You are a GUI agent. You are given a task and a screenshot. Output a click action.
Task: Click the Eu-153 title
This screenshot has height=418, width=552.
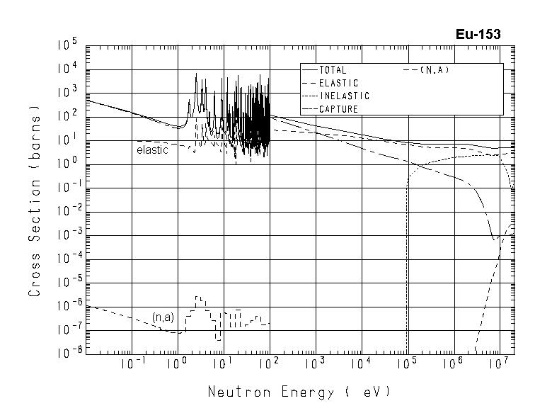click(478, 35)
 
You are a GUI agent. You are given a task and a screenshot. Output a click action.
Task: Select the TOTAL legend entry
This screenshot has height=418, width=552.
click(332, 70)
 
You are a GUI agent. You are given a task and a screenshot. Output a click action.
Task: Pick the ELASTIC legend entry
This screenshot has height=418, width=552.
click(338, 83)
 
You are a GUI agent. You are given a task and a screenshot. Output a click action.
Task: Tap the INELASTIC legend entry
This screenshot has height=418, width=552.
click(344, 96)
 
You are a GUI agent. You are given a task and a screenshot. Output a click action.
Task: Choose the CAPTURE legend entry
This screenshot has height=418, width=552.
click(338, 108)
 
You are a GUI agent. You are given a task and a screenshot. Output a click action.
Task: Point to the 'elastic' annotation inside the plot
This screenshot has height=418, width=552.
click(152, 150)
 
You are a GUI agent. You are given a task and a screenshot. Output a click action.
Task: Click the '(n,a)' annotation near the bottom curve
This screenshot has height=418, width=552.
click(163, 317)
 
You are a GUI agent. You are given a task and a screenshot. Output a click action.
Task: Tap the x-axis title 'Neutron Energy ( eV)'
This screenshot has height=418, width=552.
click(299, 392)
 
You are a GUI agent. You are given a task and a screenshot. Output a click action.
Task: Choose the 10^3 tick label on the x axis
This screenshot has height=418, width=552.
click(314, 364)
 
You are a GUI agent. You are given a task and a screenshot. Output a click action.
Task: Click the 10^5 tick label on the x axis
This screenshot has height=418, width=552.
click(406, 364)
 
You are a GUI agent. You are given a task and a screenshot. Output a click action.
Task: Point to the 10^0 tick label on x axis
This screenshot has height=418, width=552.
click(175, 364)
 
